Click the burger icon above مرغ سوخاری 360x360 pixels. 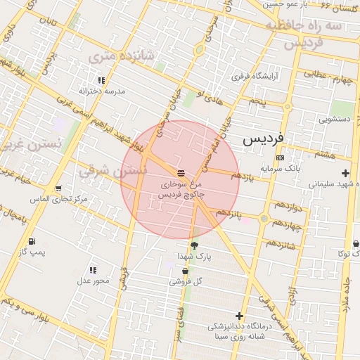[181, 172]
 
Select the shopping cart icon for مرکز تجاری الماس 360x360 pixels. [58, 188]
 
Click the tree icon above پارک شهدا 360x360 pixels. [195, 245]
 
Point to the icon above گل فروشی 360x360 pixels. [186, 271]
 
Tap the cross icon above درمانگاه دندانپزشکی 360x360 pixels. [240, 316]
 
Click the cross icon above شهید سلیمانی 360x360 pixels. [345, 173]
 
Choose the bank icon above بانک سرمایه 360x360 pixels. [281, 157]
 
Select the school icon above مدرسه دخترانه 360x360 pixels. [102, 80]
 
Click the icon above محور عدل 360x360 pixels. [93, 270]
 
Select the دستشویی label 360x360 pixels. [335, 120]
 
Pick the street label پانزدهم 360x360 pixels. [229, 212]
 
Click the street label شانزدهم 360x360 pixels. [281, 244]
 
